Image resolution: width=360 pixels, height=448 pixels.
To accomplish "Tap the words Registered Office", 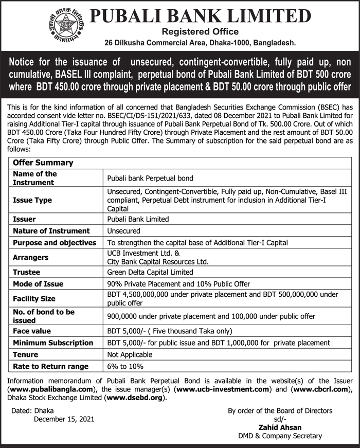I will click(x=200, y=32).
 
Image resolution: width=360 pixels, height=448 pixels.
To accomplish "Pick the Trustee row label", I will click(x=27, y=272).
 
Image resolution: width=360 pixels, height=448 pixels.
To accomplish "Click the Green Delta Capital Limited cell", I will click(x=150, y=272).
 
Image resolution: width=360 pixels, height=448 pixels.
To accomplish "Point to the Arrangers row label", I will click(x=31, y=257).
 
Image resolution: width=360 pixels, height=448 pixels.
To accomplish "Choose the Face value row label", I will click(x=32, y=331).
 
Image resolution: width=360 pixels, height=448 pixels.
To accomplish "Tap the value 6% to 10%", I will click(x=125, y=366).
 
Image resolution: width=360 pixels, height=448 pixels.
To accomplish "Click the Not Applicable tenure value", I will click(x=130, y=354).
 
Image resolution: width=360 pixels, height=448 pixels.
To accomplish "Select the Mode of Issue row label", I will click(x=39, y=284).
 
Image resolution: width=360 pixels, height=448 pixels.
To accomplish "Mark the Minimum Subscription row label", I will click(x=53, y=343).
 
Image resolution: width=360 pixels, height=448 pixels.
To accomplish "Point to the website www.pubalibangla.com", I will click(x=49, y=389).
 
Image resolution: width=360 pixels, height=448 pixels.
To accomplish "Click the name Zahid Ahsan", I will click(x=280, y=427).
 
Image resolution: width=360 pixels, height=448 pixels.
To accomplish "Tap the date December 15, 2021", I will click(x=64, y=419).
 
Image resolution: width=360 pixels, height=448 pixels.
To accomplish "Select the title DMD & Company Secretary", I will click(x=280, y=436).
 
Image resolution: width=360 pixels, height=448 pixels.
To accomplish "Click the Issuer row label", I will click(x=24, y=219).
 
